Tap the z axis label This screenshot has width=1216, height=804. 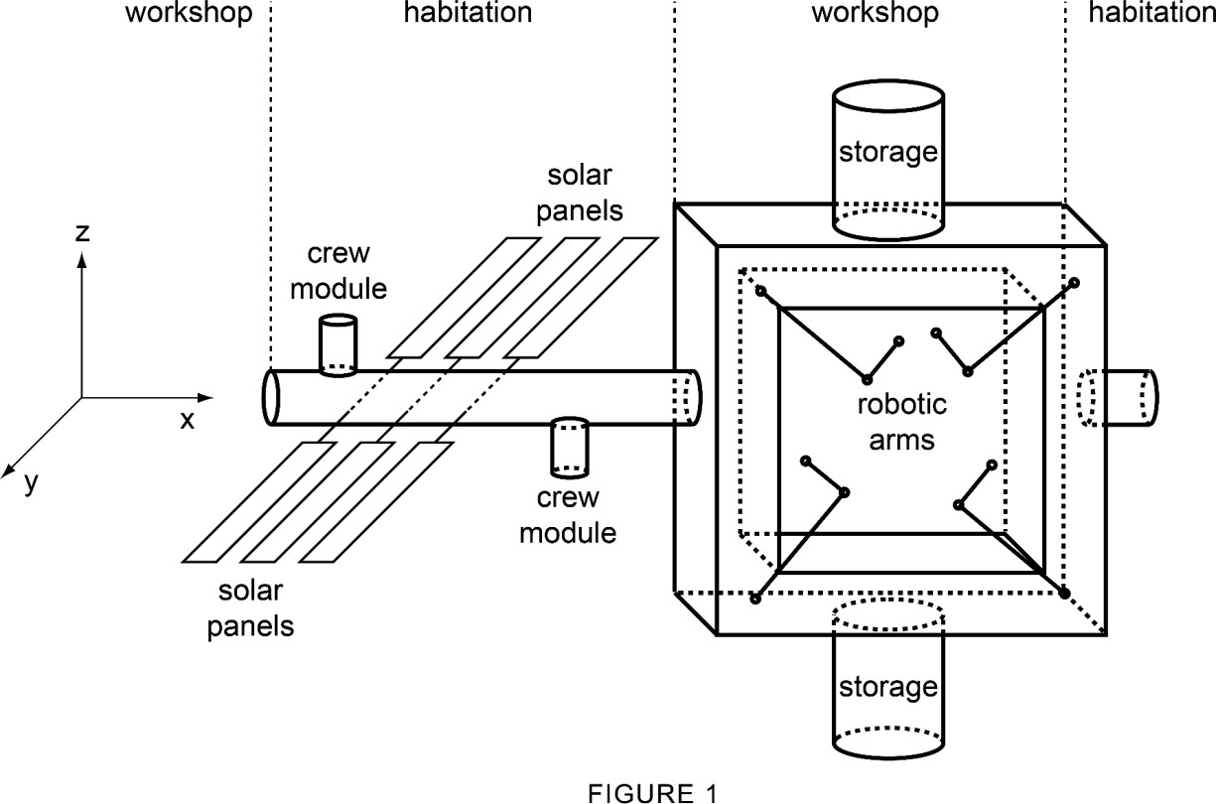83,233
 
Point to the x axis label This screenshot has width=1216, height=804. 188,419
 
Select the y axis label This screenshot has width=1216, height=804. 32,482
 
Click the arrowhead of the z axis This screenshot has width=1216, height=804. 82,258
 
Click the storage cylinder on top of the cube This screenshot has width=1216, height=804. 887,159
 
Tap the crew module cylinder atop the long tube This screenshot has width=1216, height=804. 337,343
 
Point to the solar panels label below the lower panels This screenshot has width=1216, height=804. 251,608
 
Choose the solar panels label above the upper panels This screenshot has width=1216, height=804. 586,194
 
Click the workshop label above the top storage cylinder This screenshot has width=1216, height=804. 875,13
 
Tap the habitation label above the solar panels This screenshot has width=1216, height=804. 469,13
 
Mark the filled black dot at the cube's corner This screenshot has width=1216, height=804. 1064,594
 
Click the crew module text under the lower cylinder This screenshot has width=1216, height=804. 568,515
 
